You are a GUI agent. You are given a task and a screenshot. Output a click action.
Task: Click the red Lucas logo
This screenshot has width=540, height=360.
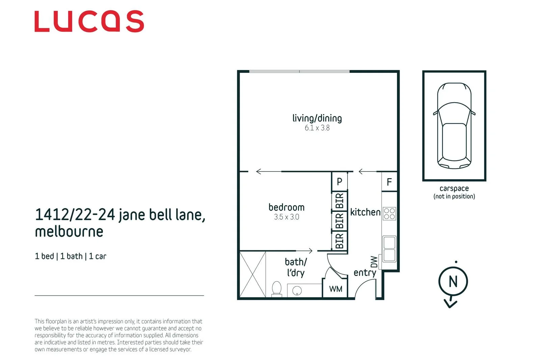(x=89, y=21)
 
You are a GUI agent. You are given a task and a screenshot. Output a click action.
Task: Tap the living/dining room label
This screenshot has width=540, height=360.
(x=317, y=118)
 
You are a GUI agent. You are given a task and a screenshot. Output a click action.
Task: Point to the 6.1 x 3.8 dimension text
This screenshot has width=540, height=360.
(x=317, y=128)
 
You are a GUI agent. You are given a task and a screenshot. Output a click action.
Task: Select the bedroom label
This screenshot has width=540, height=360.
(x=287, y=207)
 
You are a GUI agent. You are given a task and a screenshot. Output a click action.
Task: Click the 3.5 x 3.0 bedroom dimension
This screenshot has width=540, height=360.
(x=287, y=217)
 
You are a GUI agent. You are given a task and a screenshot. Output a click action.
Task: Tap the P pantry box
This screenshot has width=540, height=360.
(x=340, y=182)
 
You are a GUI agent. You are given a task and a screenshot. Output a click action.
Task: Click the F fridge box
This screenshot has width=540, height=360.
(x=389, y=182)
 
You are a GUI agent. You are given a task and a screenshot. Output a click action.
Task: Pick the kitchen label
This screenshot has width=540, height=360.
(x=365, y=212)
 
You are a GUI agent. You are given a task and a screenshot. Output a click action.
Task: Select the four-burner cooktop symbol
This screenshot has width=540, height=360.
(x=389, y=214)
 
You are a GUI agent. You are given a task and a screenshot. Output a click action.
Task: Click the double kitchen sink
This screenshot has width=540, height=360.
(x=389, y=249)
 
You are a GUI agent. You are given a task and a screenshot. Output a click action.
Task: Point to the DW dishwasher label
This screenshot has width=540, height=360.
(x=374, y=262)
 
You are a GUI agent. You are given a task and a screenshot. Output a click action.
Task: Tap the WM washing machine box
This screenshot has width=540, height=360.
(x=335, y=289)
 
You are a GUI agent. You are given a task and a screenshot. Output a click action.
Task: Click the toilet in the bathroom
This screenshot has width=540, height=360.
(x=277, y=289)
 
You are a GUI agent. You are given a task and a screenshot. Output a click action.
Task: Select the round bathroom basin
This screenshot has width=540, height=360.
(x=297, y=291)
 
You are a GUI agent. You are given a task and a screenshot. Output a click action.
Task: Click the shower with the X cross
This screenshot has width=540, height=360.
(x=252, y=274)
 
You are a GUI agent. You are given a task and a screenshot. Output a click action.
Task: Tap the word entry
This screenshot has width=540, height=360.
(x=365, y=273)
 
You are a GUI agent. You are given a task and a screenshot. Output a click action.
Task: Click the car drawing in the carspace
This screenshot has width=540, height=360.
(x=454, y=126)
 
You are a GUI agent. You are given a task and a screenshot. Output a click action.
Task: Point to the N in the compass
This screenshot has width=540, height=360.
(x=453, y=281)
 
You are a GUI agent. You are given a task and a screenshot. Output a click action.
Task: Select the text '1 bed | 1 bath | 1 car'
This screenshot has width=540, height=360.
(x=71, y=256)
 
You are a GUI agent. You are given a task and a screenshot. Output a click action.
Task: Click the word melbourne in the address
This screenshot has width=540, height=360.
(x=69, y=231)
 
